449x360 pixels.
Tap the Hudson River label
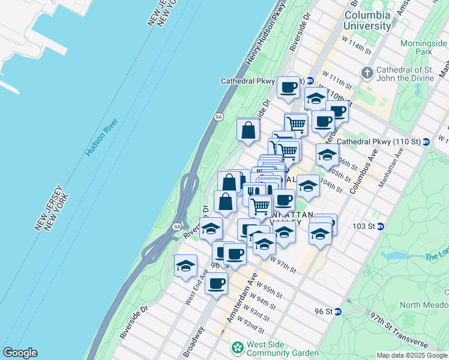pyautogui.click(x=101, y=138)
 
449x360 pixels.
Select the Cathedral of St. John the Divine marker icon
pyautogui.click(x=367, y=73)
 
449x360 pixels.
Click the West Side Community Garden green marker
pyautogui.click(x=238, y=347)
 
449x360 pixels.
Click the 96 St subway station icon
pyautogui.click(x=338, y=311)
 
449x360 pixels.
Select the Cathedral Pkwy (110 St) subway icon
pyautogui.click(x=426, y=142)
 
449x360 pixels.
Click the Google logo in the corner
pyautogui.click(x=20, y=353)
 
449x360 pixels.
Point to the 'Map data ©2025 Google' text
pyautogui.click(x=412, y=355)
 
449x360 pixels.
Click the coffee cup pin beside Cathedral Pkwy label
pyautogui.click(x=288, y=88)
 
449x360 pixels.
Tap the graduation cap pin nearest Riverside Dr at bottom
pyautogui.click(x=186, y=265)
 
